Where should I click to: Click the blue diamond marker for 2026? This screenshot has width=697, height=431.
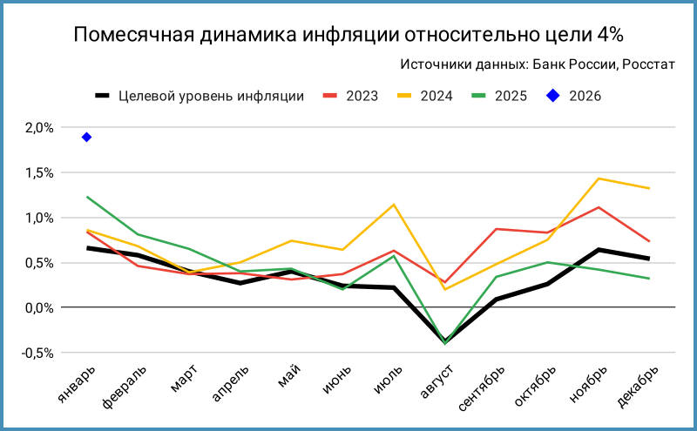pos(86,137)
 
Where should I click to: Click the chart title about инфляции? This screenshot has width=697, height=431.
pos(348,35)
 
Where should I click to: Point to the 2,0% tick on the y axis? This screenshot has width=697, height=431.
pos(39,128)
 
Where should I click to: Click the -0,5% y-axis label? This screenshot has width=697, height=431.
pos(39,354)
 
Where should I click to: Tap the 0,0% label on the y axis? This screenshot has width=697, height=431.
pos(39,308)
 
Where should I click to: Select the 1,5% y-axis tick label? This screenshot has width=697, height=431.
pos(39,173)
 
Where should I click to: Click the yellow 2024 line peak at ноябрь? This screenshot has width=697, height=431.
pos(599,178)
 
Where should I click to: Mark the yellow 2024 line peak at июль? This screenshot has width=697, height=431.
pos(394,205)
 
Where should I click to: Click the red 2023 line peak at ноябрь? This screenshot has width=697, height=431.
pos(599,207)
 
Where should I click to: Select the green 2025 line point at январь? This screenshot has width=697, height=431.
pos(86,197)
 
